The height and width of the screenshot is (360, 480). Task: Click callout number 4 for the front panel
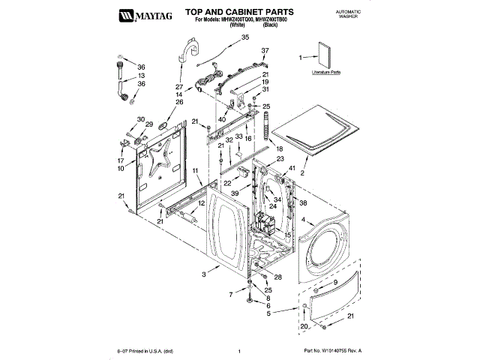point(302,220)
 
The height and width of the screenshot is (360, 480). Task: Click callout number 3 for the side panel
point(203,275)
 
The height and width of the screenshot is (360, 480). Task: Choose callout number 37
point(264,51)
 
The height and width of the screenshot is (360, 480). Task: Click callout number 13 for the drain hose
point(140,76)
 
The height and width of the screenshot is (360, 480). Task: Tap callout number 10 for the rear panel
point(121,168)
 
